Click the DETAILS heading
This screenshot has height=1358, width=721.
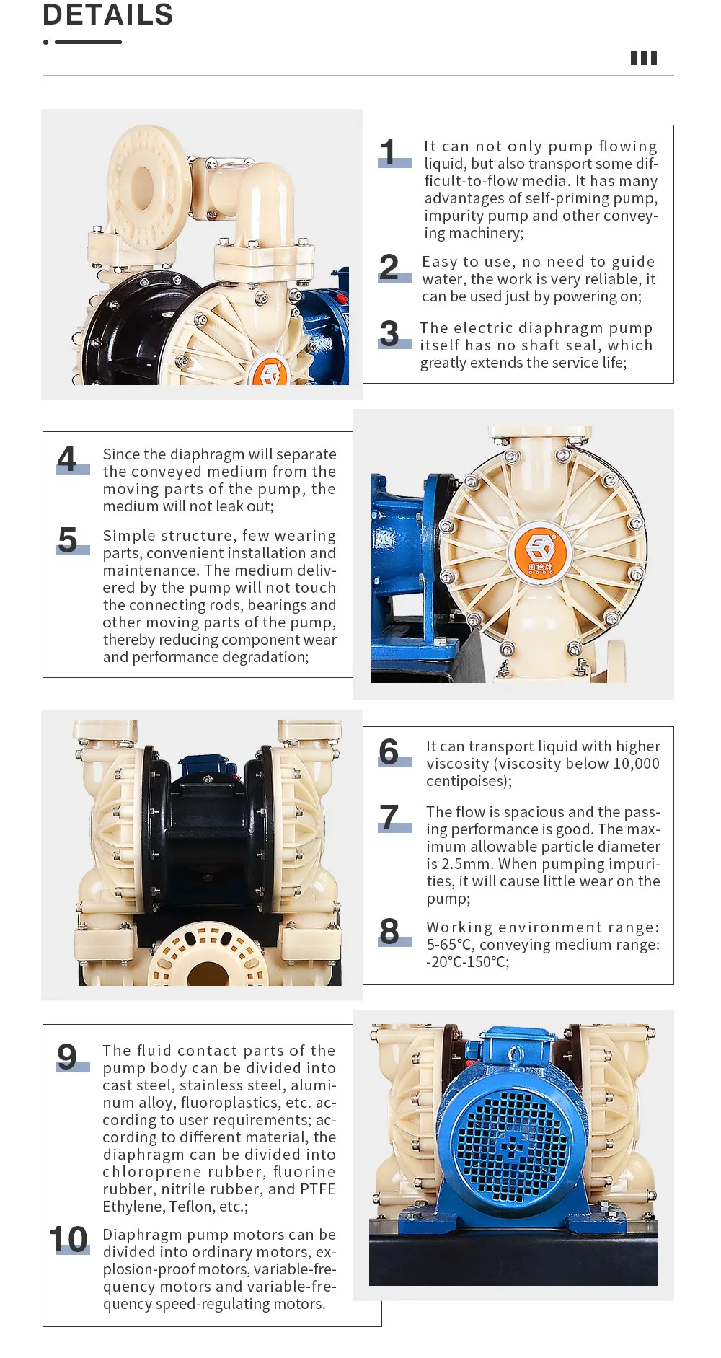click(108, 15)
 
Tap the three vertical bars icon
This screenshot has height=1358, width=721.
click(644, 58)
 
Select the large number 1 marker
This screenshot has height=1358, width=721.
click(389, 153)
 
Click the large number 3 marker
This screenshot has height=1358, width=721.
click(389, 334)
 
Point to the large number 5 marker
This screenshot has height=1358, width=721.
click(68, 540)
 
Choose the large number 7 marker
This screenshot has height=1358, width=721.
click(389, 818)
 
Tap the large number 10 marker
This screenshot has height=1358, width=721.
click(68, 1240)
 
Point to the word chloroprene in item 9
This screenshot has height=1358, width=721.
click(147, 1172)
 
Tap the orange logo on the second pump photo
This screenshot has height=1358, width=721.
click(540, 553)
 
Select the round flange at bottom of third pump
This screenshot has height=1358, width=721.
click(207, 960)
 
